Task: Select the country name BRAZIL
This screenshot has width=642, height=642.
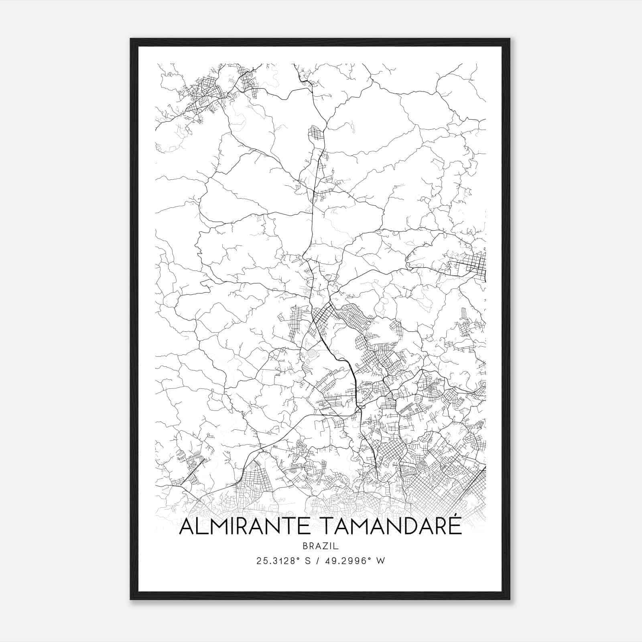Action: click(x=321, y=546)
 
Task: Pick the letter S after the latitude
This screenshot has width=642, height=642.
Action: click(x=308, y=561)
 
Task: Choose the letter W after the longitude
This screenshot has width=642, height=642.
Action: click(x=381, y=561)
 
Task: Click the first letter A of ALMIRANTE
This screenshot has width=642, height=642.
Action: click(x=187, y=527)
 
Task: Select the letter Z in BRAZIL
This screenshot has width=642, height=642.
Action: click(x=325, y=546)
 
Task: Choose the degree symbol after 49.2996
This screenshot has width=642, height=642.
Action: click(x=372, y=559)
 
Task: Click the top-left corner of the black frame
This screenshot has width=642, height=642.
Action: click(x=131, y=39)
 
